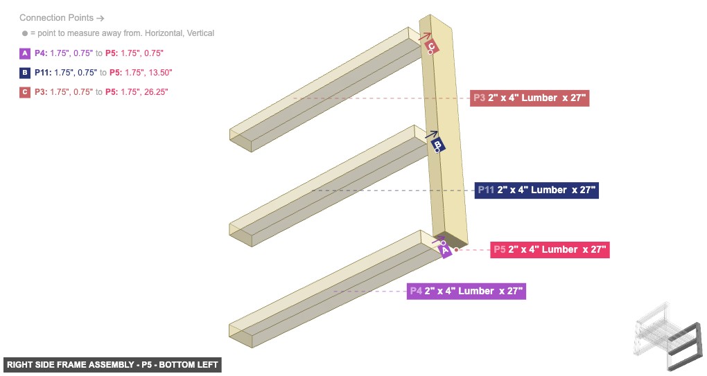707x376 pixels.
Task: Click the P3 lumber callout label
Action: coord(530,98)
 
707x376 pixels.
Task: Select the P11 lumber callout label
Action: coord(536,190)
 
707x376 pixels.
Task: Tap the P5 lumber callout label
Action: coord(550,250)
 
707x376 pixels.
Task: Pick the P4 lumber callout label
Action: coord(466,292)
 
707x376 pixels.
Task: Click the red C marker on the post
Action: coord(431,46)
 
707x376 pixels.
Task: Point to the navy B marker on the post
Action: coord(437,144)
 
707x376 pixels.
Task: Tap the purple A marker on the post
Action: coord(446,251)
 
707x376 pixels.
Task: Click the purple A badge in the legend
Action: coord(26,53)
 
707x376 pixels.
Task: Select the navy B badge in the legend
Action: coord(26,73)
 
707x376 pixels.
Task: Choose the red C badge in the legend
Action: coord(26,92)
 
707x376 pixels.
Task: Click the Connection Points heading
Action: coord(62,18)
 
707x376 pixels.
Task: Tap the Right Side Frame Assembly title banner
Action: coord(112,365)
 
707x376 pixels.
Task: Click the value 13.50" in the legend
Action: coord(157,73)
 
